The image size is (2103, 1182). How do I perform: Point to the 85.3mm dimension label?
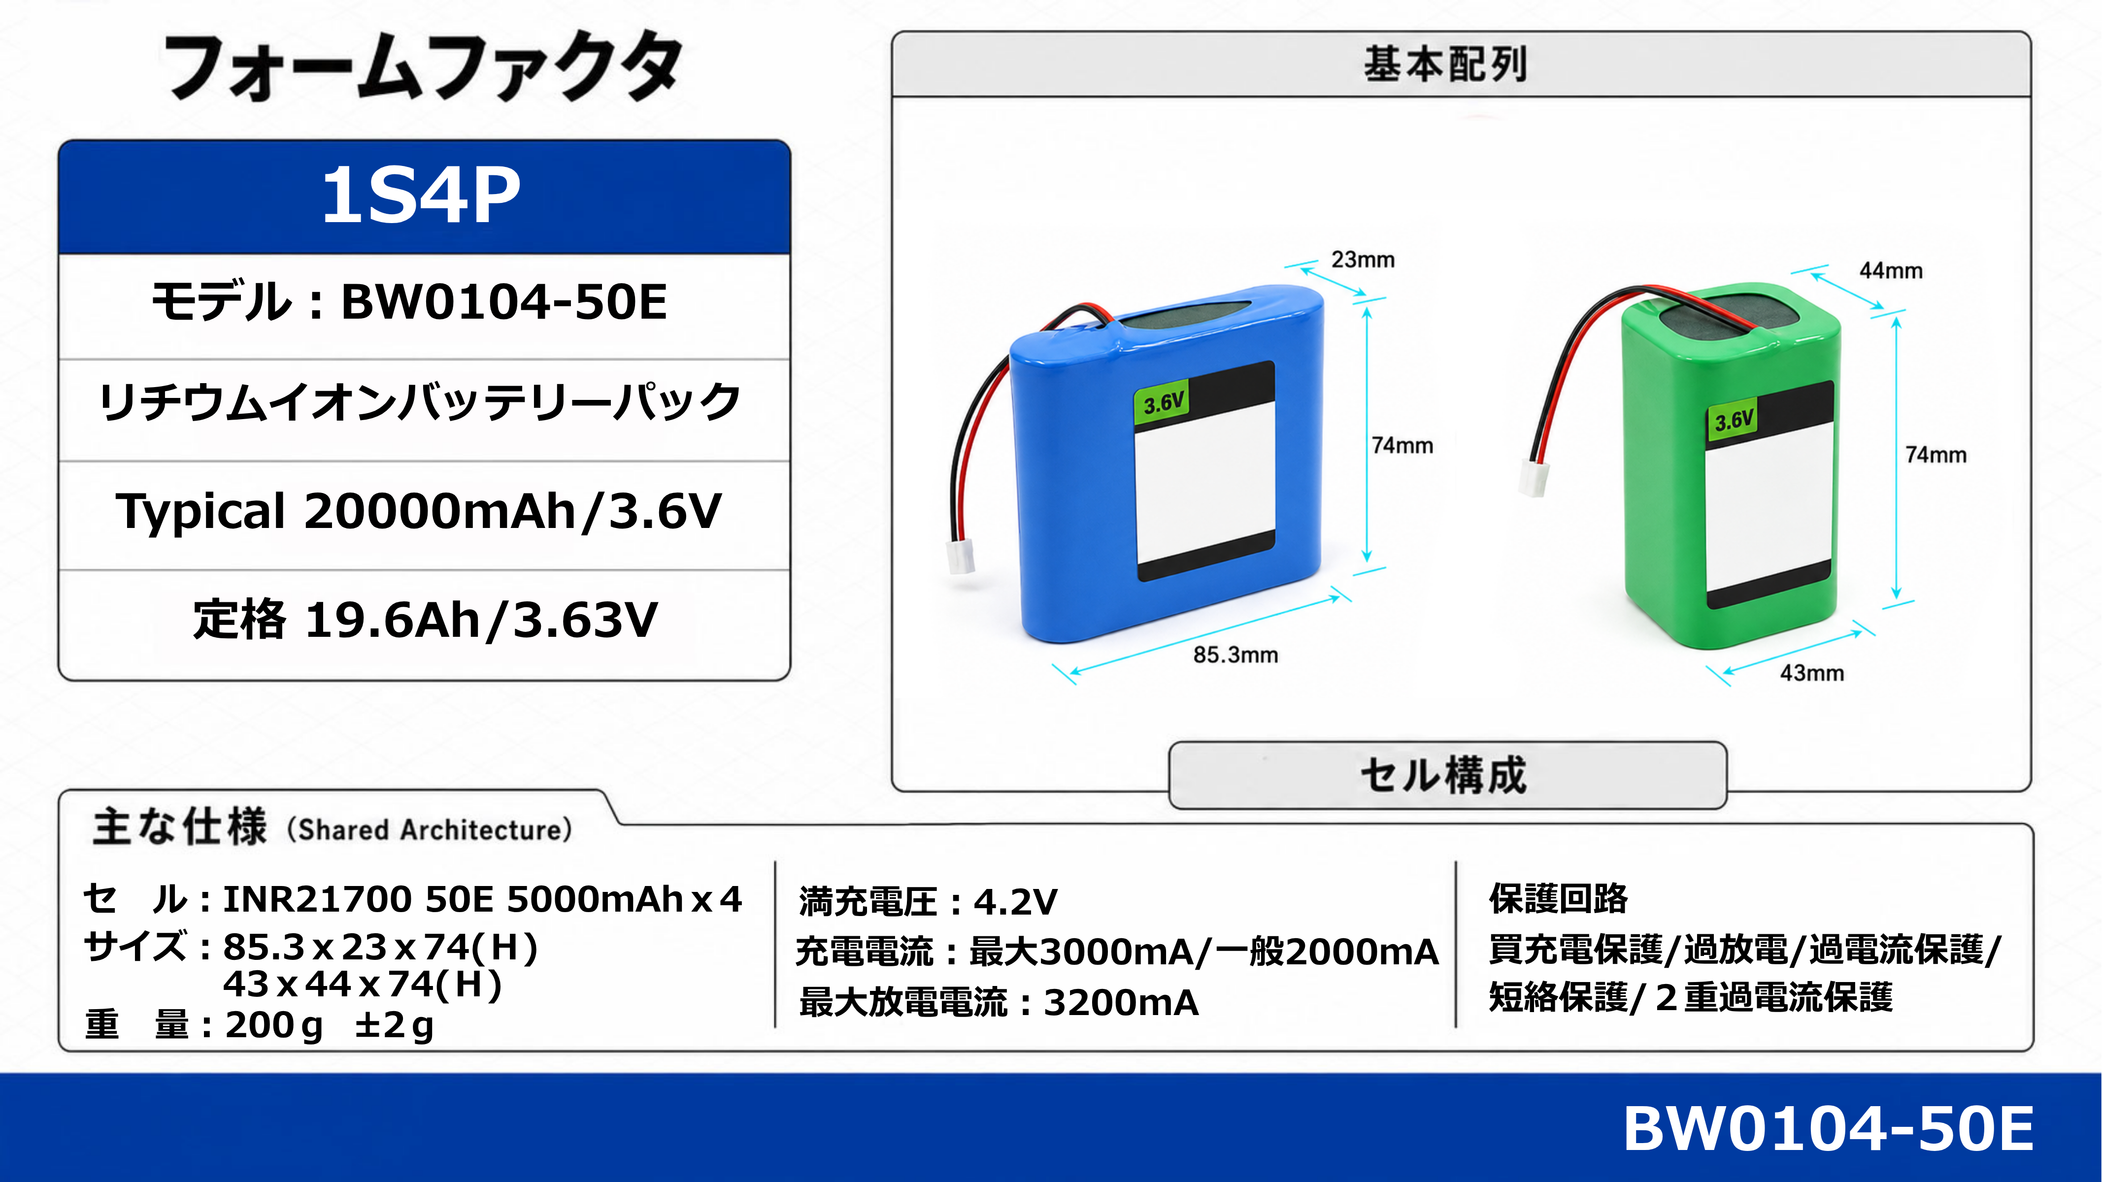tap(1235, 655)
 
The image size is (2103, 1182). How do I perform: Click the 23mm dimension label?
tap(1363, 260)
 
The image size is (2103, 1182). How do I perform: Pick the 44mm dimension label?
tap(1891, 270)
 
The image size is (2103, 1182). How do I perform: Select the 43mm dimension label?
tap(1811, 673)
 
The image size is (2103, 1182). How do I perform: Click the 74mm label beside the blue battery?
tap(1402, 446)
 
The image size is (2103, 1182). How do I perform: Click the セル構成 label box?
tap(1447, 775)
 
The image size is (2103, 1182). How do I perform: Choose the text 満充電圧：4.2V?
tap(928, 902)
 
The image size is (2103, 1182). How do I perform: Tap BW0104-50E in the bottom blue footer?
tap(1828, 1128)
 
